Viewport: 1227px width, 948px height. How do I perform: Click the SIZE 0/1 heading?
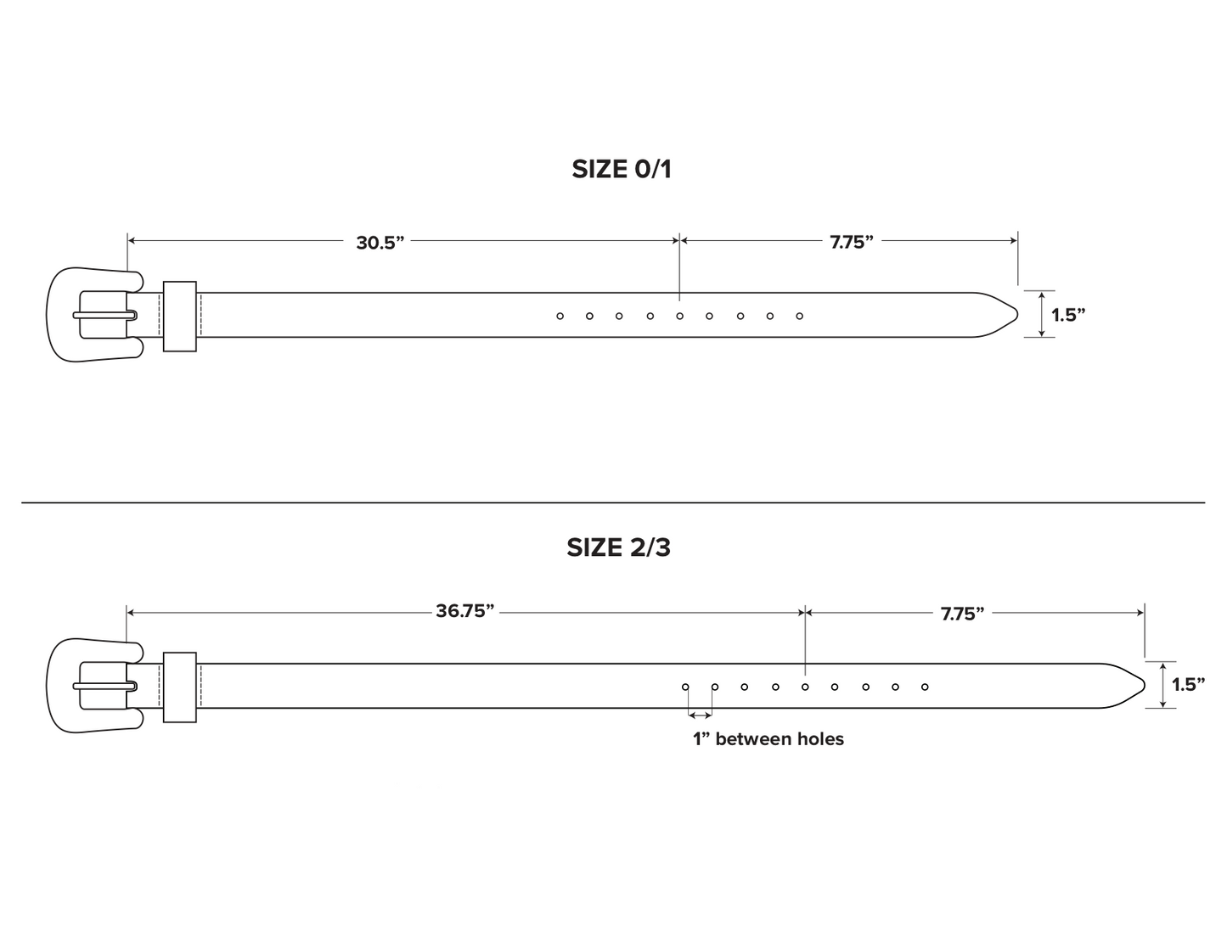click(622, 169)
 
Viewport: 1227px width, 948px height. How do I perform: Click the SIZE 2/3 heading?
click(619, 547)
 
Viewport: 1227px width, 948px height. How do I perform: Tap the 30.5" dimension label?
click(380, 243)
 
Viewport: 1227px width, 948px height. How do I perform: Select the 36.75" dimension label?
click(465, 611)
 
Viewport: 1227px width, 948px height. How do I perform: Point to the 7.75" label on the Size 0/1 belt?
click(852, 242)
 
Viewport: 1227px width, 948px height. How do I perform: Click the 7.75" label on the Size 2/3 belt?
click(963, 614)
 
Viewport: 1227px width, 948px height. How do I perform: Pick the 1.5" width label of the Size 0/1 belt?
click(1068, 315)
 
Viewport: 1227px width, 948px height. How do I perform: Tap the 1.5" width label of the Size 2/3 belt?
click(1188, 685)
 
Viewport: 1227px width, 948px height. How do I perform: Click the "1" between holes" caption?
click(768, 739)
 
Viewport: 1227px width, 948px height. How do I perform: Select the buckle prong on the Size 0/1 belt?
click(104, 316)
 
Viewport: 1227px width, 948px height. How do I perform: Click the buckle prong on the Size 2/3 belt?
click(104, 686)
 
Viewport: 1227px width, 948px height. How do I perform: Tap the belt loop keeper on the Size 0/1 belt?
click(179, 317)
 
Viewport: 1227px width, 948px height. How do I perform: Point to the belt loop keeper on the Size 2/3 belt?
click(179, 687)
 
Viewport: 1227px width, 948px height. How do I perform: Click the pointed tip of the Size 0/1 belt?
click(1017, 314)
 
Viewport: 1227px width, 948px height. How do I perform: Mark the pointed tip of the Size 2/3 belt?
click(1145, 686)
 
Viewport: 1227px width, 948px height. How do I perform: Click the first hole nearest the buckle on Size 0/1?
click(560, 316)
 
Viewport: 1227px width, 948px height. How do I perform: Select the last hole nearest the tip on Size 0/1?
click(800, 316)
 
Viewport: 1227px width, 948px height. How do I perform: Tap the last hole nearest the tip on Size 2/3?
click(925, 687)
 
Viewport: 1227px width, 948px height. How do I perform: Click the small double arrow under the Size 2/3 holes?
click(701, 715)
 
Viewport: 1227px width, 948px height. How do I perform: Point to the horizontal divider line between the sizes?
click(613, 502)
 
